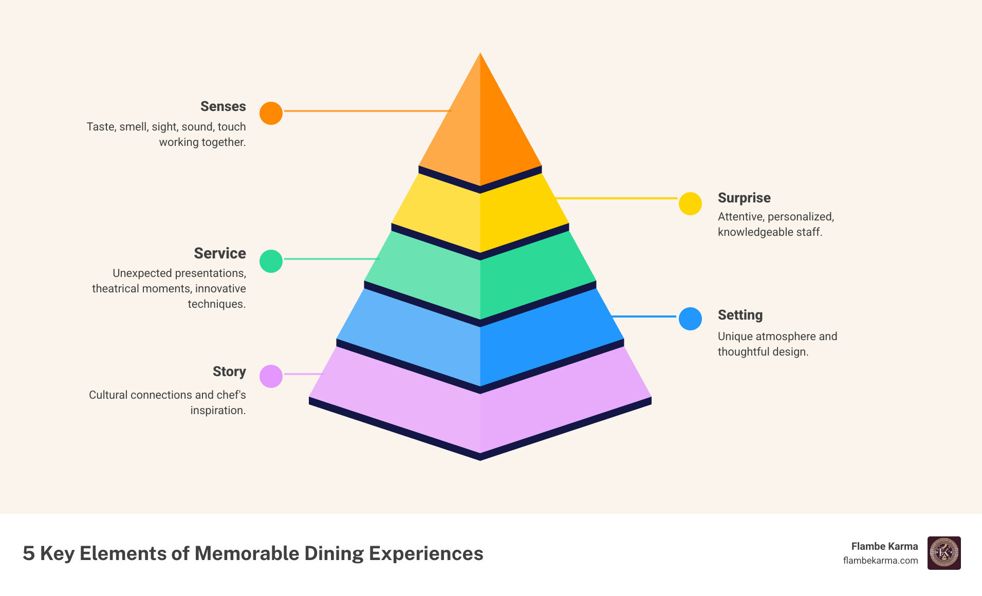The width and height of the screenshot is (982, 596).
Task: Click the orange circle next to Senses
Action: (x=271, y=113)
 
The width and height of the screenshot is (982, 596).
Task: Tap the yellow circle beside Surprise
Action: (x=690, y=204)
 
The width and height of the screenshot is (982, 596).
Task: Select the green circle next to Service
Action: (x=271, y=261)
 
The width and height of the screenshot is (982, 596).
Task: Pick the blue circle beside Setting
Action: (x=690, y=319)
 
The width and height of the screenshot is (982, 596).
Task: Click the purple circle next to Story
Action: (x=271, y=376)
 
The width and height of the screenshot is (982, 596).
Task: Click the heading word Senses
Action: (x=223, y=106)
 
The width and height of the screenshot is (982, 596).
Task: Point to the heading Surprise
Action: (x=744, y=198)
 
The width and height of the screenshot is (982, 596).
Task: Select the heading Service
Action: (x=220, y=253)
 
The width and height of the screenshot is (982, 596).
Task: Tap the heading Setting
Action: (x=740, y=315)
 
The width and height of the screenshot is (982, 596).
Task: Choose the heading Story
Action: (x=229, y=371)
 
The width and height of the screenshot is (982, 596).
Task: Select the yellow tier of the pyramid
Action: (x=480, y=216)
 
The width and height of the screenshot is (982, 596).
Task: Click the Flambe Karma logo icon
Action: (x=944, y=553)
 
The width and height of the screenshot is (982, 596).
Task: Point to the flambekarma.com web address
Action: (x=880, y=561)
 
